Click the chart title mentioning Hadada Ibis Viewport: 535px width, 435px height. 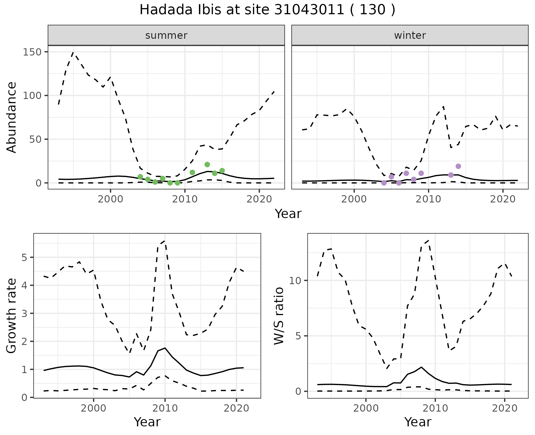tap(267, 10)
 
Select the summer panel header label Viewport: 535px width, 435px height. tap(166, 35)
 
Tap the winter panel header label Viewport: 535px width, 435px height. tap(410, 35)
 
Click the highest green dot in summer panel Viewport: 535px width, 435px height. tap(207, 165)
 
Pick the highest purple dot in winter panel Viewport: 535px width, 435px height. tap(458, 166)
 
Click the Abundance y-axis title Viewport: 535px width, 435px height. tap(12, 117)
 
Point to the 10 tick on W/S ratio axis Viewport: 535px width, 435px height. tap(295, 281)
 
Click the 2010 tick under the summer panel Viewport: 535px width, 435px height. tap(185, 200)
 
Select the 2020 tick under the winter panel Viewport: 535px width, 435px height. tap(503, 200)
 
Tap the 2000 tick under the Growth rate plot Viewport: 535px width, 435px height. tap(94, 409)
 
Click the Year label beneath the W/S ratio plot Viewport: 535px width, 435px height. tap(418, 422)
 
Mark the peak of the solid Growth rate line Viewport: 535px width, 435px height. tap(165, 348)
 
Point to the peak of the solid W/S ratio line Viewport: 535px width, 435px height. tap(421, 367)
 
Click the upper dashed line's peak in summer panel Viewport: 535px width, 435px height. tap(73, 52)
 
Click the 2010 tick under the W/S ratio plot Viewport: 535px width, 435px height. tap(435, 409)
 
